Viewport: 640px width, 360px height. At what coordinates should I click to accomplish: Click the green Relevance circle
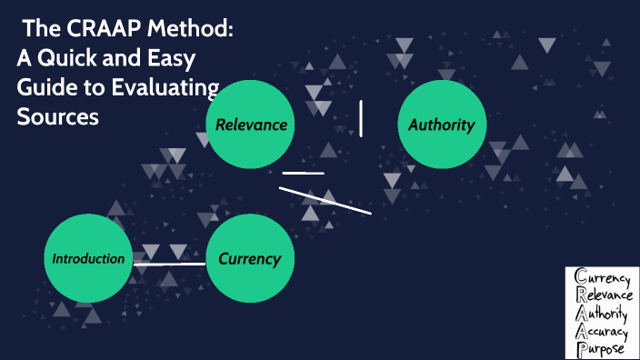coord(251,125)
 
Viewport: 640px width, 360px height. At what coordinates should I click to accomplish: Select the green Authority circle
coord(442,125)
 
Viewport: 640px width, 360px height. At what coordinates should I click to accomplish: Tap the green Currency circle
coord(250,259)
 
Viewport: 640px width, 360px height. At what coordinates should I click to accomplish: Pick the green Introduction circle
coord(88,259)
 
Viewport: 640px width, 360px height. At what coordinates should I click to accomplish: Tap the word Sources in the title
coord(58,117)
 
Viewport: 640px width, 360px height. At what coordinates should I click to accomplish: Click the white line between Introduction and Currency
coord(169,265)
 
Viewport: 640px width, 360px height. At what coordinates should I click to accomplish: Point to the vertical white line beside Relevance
coord(362,119)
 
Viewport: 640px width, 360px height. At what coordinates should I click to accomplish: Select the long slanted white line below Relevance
coord(325,200)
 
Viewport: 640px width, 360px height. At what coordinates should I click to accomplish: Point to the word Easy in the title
coord(167,59)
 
